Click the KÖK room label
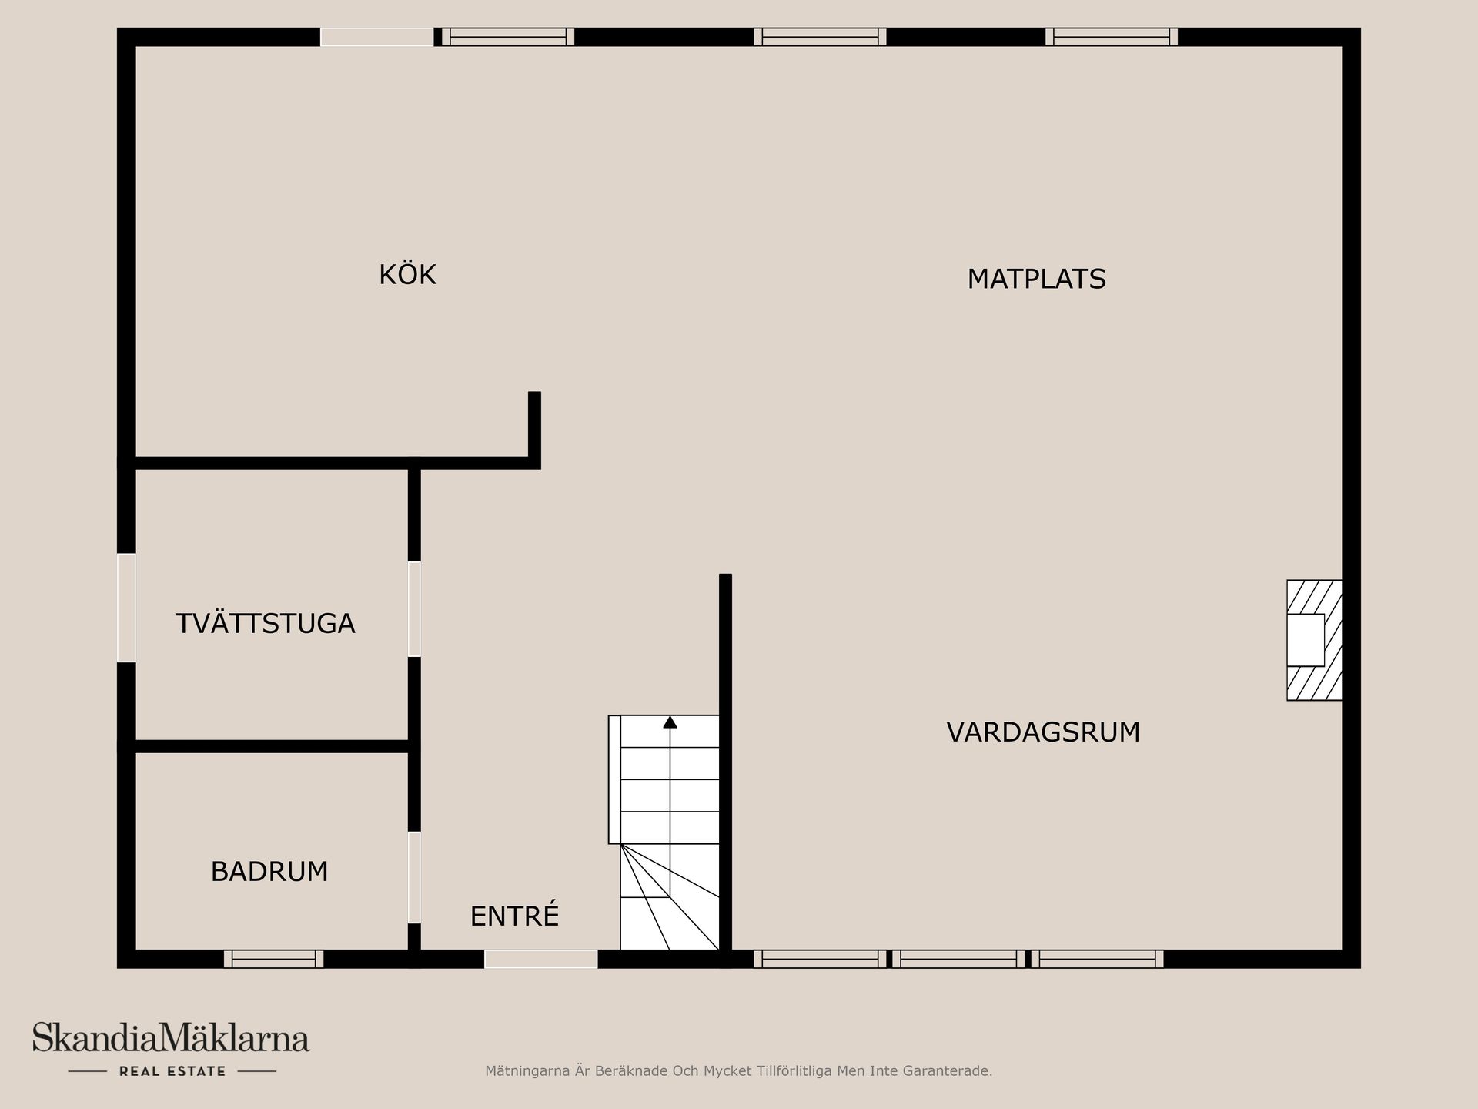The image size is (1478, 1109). pos(407,275)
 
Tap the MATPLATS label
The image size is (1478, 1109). pos(1036,279)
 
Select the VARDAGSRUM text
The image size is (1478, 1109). pos(1043,732)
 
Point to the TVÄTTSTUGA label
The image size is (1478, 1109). pos(265,623)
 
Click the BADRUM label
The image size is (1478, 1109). pos(269,872)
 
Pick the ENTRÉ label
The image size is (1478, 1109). pos(514,916)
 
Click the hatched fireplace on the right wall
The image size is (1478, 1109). pos(1314,640)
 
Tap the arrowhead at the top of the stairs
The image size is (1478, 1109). pos(670,722)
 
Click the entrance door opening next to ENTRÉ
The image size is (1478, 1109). pos(540,959)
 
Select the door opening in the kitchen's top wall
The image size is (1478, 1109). pos(377,37)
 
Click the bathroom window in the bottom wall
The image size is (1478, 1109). pos(273,959)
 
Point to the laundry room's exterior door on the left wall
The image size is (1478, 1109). pos(126,608)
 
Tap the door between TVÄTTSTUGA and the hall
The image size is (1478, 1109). pos(414,608)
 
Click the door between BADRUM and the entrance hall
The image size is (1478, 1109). pos(414,876)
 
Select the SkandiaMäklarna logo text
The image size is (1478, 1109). pos(171,1038)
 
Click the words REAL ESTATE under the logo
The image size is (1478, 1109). pos(172,1071)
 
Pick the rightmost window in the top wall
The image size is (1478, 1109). pos(1112,37)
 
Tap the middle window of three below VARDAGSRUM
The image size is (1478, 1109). pos(958,959)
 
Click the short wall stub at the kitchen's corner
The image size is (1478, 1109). pos(534,427)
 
